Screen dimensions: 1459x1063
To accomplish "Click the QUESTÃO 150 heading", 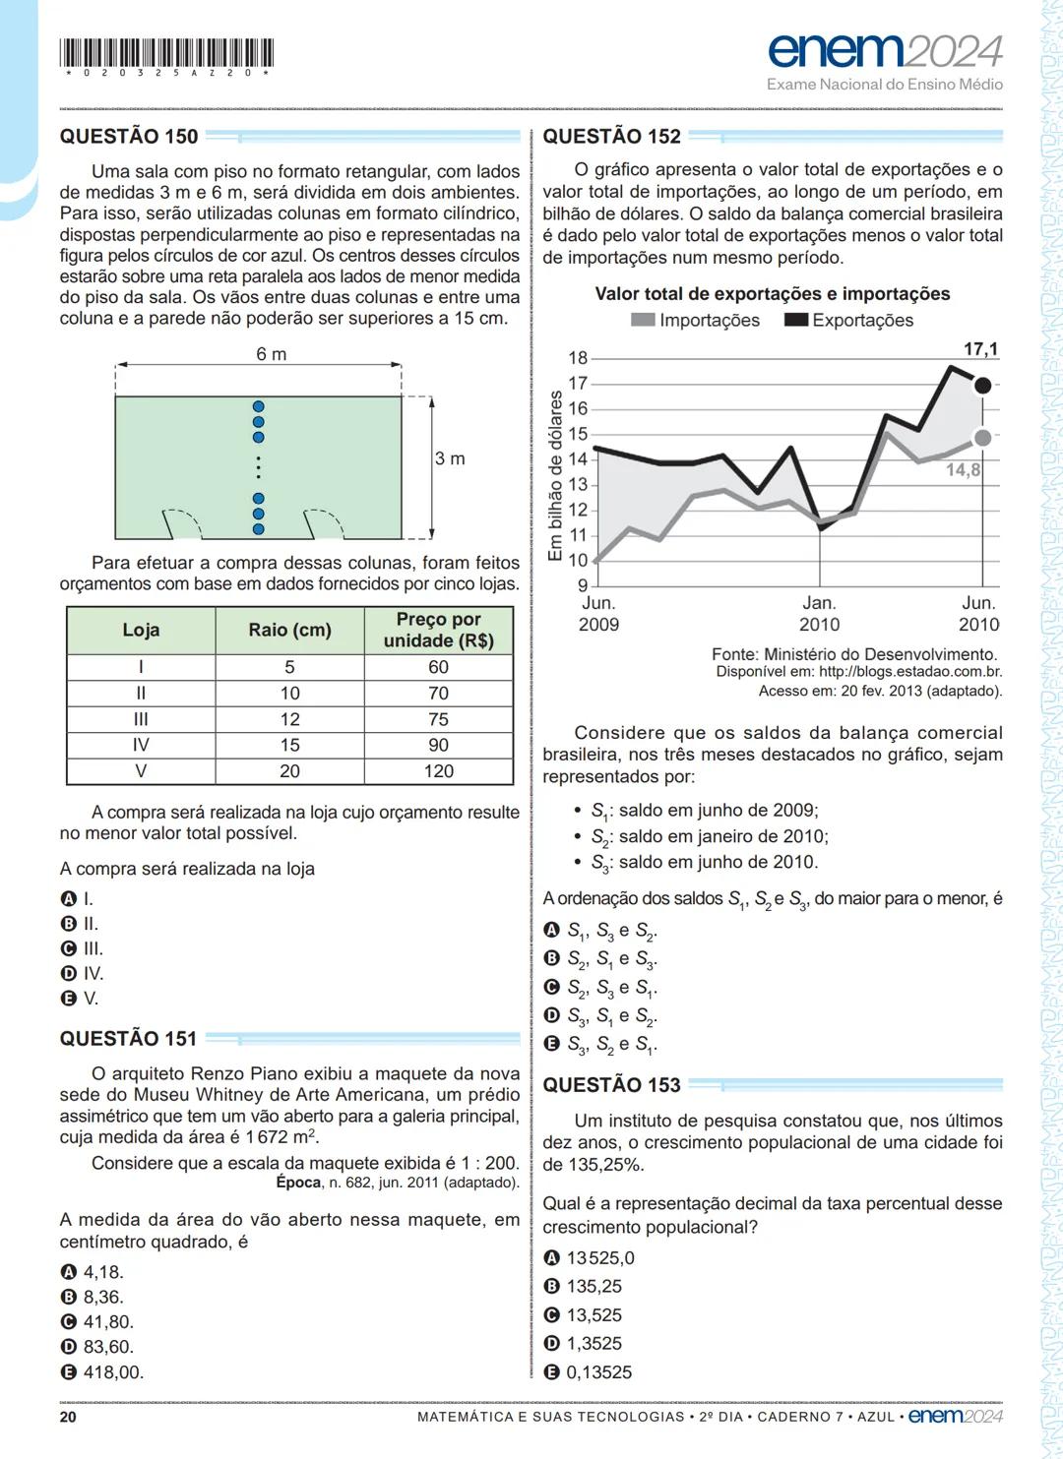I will click(x=129, y=137).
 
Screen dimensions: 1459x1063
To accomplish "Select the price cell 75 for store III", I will click(x=438, y=719).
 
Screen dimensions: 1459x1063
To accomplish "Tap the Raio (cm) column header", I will click(x=289, y=630).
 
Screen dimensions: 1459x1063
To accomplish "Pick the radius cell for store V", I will click(x=289, y=771).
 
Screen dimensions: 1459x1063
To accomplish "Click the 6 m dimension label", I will click(x=272, y=354).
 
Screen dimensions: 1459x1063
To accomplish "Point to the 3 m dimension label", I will click(x=450, y=458).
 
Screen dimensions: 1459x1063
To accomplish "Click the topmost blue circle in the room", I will click(x=259, y=406).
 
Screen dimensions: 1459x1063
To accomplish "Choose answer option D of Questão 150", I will click(x=83, y=974).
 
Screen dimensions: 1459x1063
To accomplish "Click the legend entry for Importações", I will click(x=696, y=320).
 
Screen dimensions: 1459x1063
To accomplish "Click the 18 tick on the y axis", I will click(x=578, y=359).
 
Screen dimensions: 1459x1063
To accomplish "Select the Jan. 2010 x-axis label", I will click(x=819, y=614).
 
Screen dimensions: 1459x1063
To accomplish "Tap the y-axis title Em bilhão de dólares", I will click(x=555, y=476).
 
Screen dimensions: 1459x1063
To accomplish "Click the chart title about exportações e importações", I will click(x=773, y=294).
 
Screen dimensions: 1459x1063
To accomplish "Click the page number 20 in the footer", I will click(x=68, y=1417).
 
